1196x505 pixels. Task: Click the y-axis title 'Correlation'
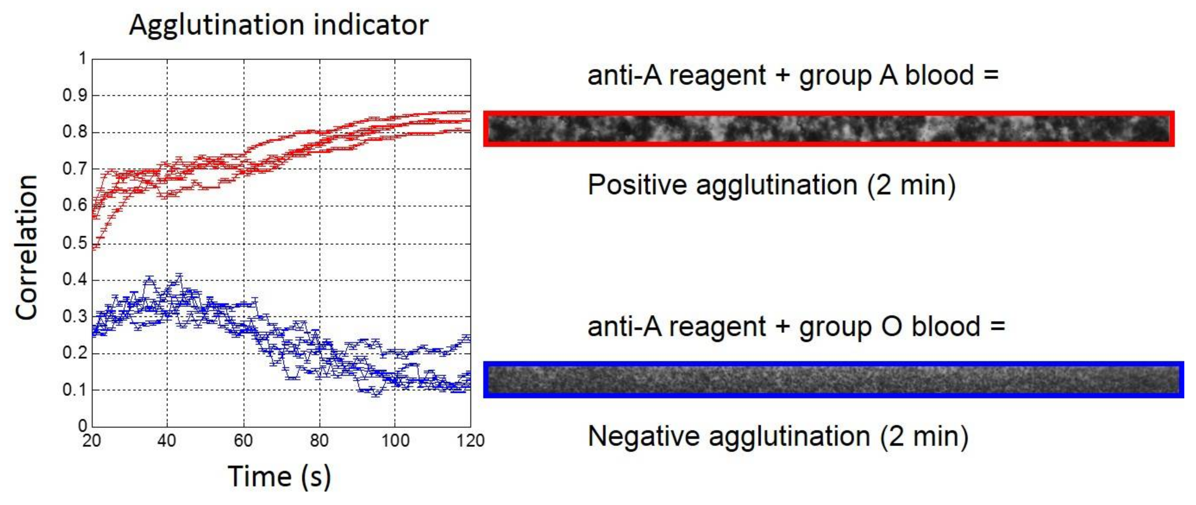pos(26,248)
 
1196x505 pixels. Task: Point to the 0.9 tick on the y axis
pos(75,95)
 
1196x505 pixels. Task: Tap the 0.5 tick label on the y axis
pos(75,243)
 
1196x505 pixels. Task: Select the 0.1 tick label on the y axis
pos(75,390)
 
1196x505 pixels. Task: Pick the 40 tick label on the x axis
pos(167,440)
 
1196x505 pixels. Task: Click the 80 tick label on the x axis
pos(319,440)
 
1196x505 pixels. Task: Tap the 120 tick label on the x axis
pos(470,440)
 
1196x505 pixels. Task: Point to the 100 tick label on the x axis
pos(395,440)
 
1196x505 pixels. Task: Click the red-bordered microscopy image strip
pos(829,129)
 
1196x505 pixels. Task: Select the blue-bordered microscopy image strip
pos(833,379)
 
